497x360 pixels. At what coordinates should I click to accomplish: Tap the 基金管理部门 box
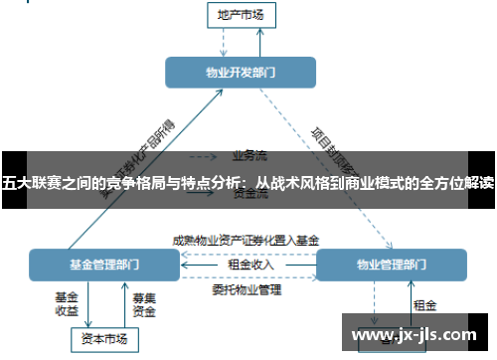coord(103,265)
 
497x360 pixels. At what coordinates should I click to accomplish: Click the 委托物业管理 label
coord(247,290)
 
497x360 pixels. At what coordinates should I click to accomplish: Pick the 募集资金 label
coord(143,303)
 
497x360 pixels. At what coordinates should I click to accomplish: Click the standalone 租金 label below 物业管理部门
coord(424,305)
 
